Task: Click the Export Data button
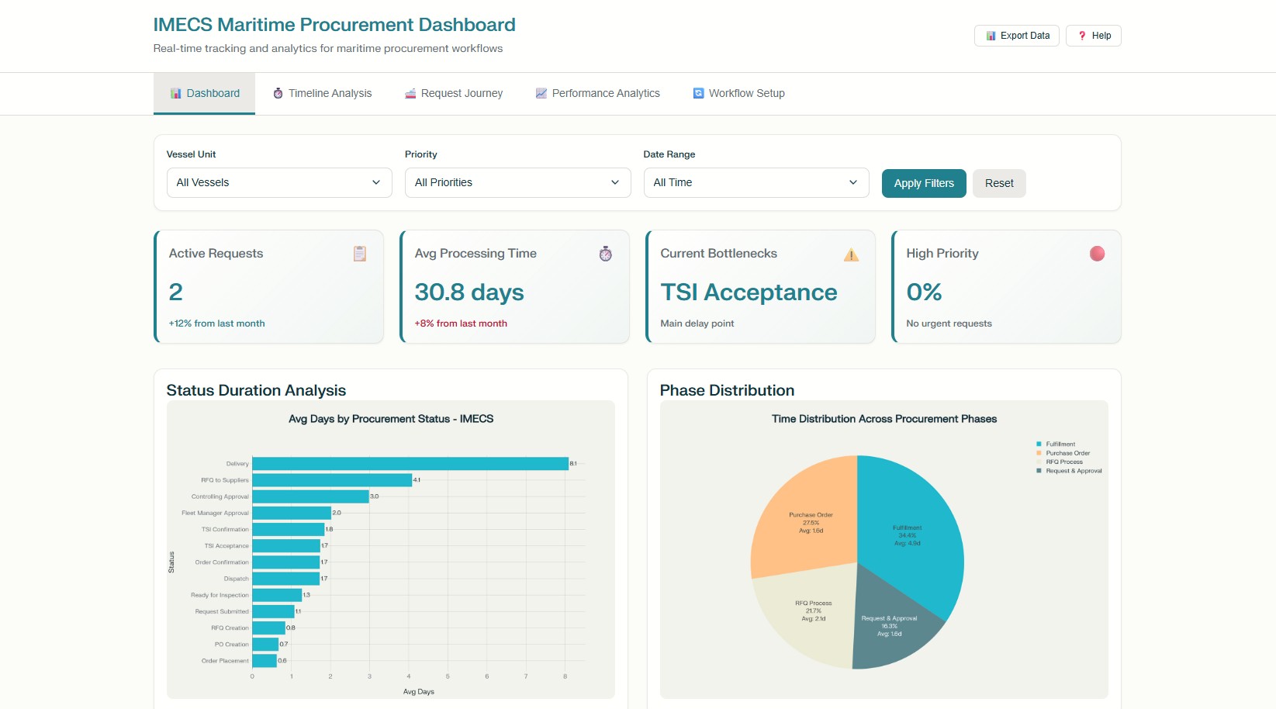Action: [x=1016, y=36]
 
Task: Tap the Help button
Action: [x=1093, y=36]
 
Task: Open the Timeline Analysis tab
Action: [x=322, y=93]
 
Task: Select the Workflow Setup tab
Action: [x=738, y=93]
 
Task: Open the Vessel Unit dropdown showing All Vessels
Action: [x=279, y=183]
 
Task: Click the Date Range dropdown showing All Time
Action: [x=756, y=183]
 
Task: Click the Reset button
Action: [x=998, y=184]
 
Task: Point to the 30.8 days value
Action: [x=469, y=292]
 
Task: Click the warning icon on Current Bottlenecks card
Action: [x=851, y=254]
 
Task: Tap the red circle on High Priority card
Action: [x=1097, y=254]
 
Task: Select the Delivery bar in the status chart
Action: [x=410, y=464]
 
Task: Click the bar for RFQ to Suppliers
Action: [x=331, y=480]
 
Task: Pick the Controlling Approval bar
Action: [x=310, y=496]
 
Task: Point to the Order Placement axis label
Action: [x=225, y=661]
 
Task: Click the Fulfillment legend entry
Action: [x=1060, y=444]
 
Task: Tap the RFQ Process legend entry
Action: [x=1063, y=462]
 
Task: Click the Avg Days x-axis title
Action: [x=418, y=692]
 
